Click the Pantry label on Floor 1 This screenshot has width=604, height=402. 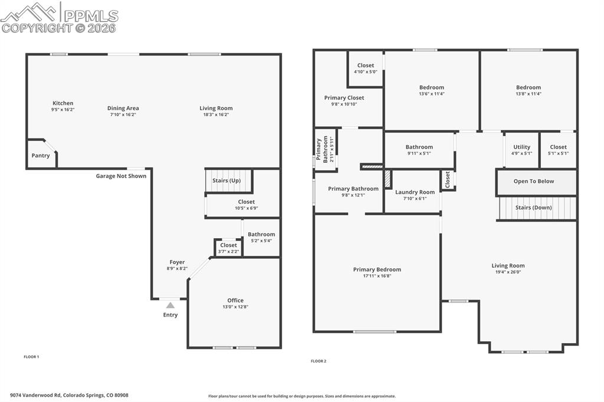(41, 156)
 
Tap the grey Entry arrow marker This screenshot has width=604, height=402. (170, 305)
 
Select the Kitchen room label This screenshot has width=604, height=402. (63, 103)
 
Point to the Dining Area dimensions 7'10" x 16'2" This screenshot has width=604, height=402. (123, 115)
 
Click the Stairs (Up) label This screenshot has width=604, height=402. (226, 180)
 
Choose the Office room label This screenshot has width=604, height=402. (235, 301)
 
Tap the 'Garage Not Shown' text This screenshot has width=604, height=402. (121, 176)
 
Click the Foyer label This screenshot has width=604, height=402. (177, 262)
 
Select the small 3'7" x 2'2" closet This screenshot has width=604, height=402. (228, 248)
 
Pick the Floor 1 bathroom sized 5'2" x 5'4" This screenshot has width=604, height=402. (261, 237)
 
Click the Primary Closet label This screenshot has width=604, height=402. (344, 98)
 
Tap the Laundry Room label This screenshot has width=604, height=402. (415, 192)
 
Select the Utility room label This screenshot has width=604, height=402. (521, 147)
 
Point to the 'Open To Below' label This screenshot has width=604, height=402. (534, 182)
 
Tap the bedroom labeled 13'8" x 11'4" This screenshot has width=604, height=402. (528, 90)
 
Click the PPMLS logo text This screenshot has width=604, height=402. (90, 15)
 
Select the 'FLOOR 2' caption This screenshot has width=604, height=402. (319, 361)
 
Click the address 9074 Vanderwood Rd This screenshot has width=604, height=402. (69, 396)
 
